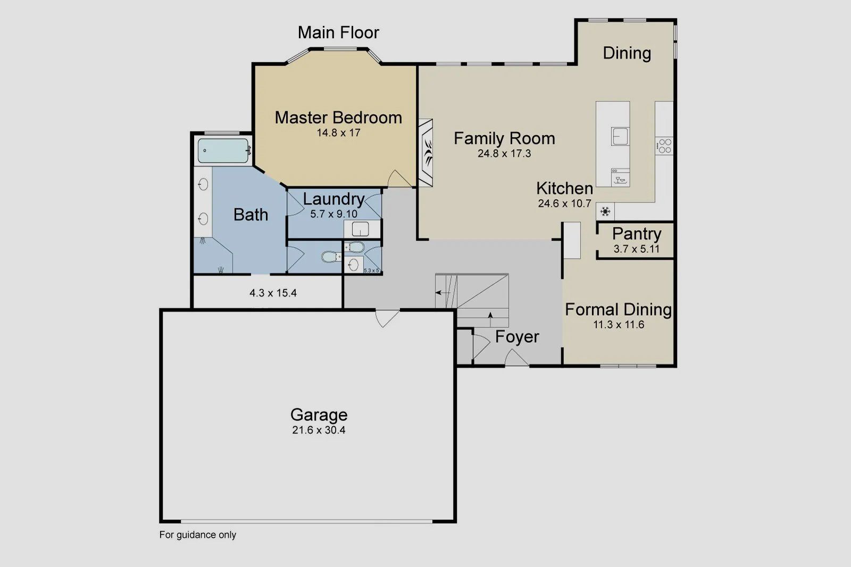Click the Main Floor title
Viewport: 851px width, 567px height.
(x=338, y=32)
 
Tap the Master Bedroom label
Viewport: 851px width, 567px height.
(x=338, y=117)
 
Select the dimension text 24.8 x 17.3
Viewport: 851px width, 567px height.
(x=504, y=154)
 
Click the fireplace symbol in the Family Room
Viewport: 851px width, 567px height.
(x=427, y=152)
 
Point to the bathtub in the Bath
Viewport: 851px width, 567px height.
(x=223, y=151)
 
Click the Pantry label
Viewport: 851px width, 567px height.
(x=636, y=234)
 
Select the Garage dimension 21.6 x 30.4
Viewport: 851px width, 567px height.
(x=319, y=430)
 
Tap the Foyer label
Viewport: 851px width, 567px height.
(x=517, y=336)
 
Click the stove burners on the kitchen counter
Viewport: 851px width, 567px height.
(x=664, y=146)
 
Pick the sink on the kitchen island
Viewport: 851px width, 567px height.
(x=620, y=137)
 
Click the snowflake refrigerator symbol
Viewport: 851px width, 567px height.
(x=605, y=211)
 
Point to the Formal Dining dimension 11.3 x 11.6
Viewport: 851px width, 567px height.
(x=619, y=325)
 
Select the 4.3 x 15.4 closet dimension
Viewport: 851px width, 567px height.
(x=273, y=293)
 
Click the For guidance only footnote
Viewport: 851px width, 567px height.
(x=197, y=535)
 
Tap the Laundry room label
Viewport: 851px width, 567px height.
(x=333, y=199)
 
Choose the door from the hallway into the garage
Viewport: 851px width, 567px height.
(x=387, y=318)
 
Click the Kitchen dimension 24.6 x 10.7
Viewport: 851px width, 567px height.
(x=564, y=204)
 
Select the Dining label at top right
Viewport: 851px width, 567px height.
(x=627, y=53)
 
